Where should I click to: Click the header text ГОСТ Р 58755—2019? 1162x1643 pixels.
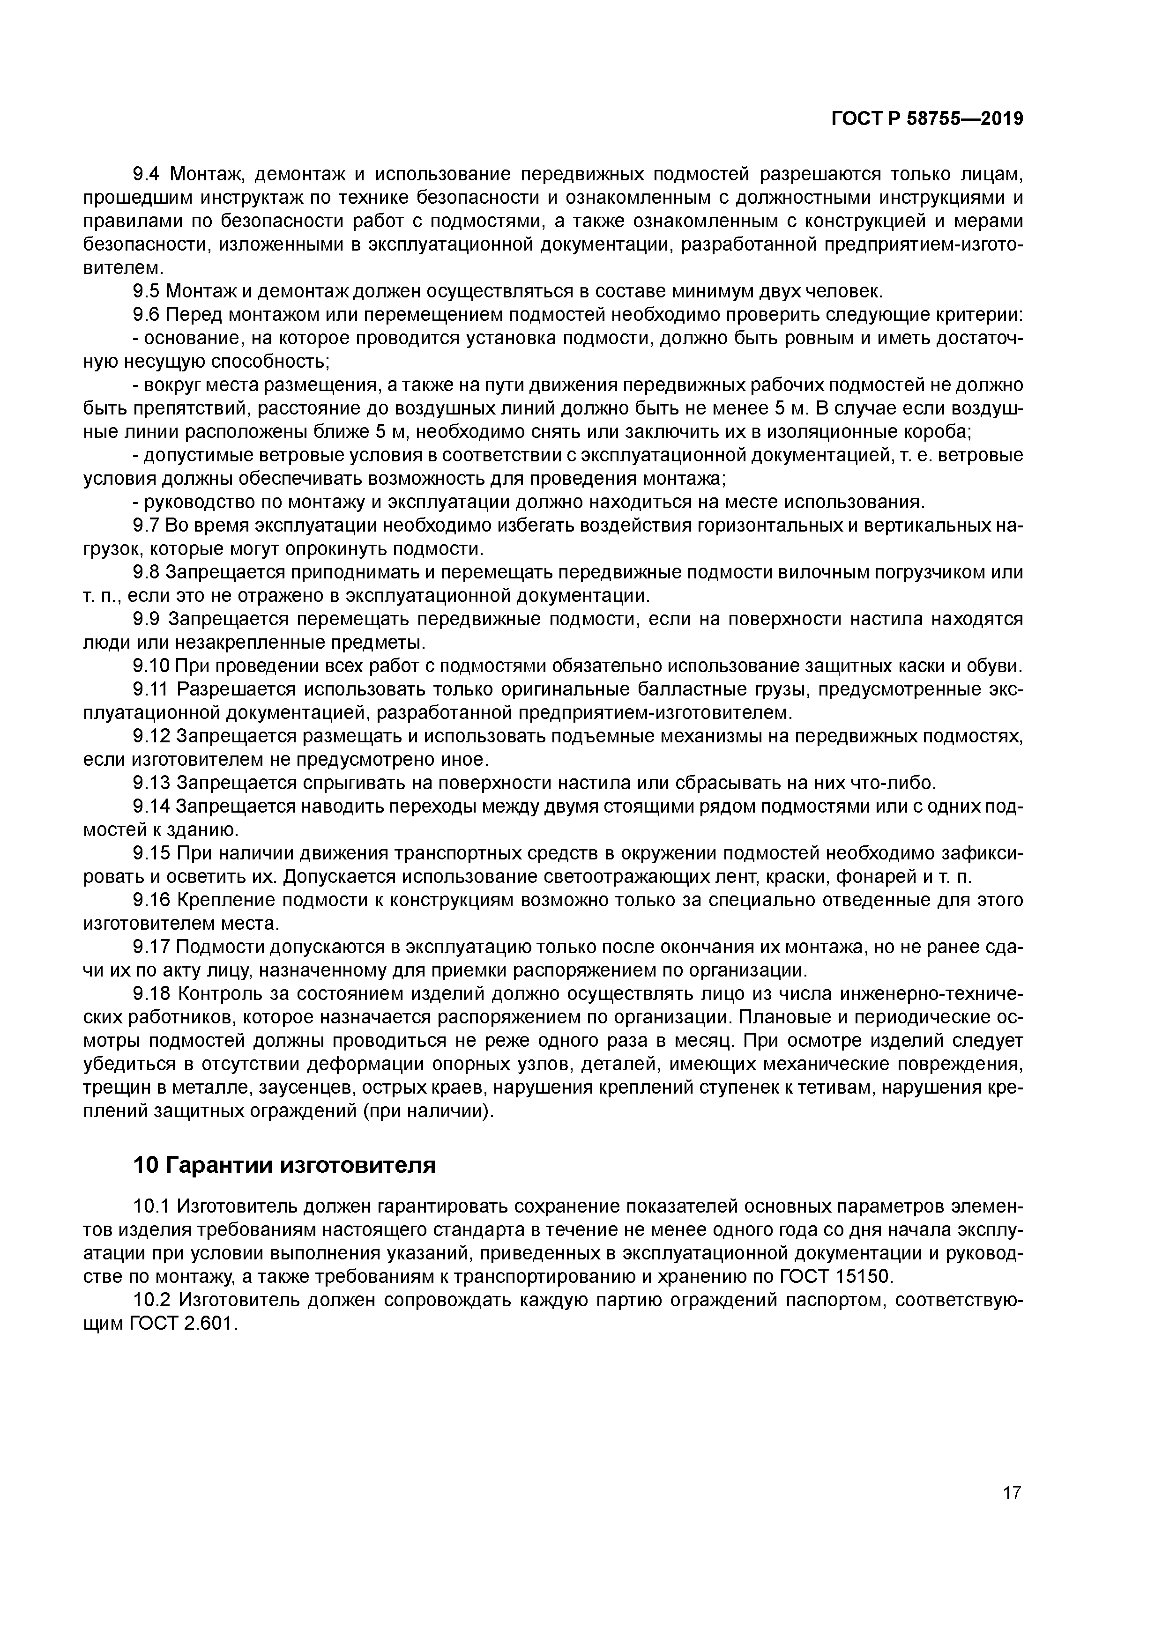coord(927,119)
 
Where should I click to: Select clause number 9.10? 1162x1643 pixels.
coord(150,667)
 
